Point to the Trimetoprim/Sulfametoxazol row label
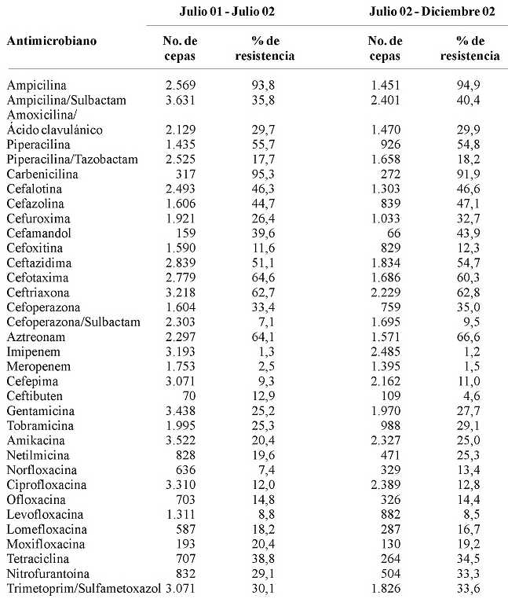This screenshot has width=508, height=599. tap(75, 588)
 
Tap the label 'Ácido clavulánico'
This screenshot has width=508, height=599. tap(55, 130)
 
